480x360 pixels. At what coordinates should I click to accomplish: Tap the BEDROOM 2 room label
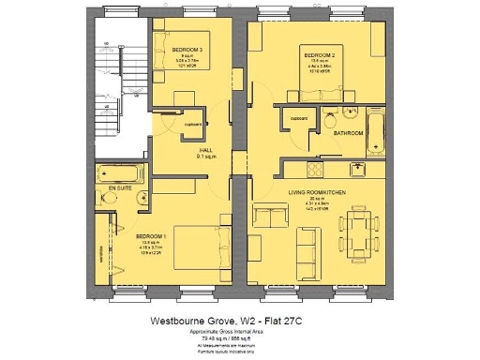(319, 56)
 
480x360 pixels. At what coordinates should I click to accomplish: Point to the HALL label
(202, 150)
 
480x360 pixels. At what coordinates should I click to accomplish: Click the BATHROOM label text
(349, 134)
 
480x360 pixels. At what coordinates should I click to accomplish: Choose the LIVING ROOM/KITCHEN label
(318, 192)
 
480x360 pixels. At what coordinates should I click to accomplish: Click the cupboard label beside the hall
(194, 123)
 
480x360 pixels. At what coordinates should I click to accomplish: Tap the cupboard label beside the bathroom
(299, 119)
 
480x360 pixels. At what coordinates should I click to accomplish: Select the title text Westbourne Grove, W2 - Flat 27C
(240, 320)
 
